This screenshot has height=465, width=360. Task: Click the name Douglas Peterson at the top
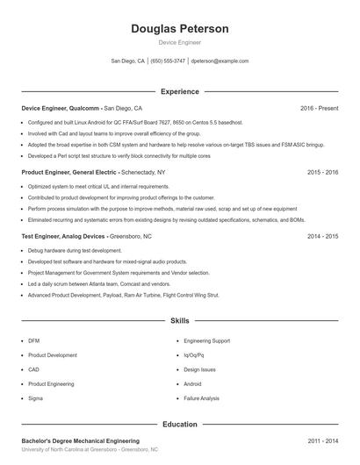(179, 29)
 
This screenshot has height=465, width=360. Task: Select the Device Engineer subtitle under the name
(179, 42)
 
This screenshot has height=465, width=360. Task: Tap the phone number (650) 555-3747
(168, 61)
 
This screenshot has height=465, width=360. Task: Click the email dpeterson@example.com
(220, 61)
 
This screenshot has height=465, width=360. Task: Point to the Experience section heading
(179, 91)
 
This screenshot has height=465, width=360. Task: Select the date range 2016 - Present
(319, 108)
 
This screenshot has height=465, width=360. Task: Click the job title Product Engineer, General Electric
(69, 173)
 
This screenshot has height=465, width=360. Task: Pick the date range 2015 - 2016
(322, 173)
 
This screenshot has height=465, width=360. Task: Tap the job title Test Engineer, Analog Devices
(63, 237)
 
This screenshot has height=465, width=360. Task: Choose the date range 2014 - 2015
(322, 237)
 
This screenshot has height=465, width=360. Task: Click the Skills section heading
(179, 321)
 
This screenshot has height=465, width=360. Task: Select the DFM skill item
(34, 340)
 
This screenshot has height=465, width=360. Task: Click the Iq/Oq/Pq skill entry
(194, 354)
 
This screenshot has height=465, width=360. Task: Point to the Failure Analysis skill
(201, 398)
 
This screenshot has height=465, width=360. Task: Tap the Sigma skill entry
(35, 398)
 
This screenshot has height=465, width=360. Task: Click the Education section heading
(179, 424)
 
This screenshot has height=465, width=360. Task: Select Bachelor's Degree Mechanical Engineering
(81, 440)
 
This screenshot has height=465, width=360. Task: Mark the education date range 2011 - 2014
(322, 440)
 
